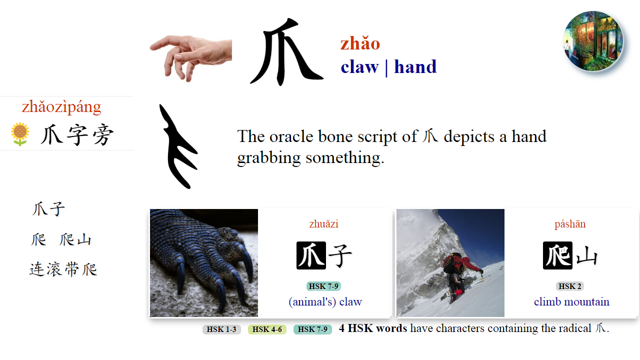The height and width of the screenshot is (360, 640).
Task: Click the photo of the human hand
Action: pyautogui.click(x=190, y=57)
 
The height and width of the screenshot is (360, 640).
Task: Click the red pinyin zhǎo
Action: pyautogui.click(x=360, y=43)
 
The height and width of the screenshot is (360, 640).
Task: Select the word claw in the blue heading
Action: pyautogui.click(x=359, y=66)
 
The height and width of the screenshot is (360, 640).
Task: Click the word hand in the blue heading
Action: pyautogui.click(x=415, y=66)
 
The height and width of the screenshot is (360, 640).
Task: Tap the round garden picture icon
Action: pyautogui.click(x=593, y=41)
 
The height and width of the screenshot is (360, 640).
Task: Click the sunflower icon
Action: pyautogui.click(x=20, y=134)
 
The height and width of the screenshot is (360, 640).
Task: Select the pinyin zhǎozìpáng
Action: pyautogui.click(x=61, y=106)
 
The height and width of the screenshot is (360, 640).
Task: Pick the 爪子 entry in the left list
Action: pyautogui.click(x=48, y=209)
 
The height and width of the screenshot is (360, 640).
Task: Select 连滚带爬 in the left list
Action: pyautogui.click(x=63, y=269)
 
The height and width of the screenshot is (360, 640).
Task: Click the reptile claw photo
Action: pyautogui.click(x=204, y=263)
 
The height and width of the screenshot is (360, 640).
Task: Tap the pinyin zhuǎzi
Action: pyautogui.click(x=323, y=224)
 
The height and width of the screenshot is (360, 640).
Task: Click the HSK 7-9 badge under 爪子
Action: pyautogui.click(x=323, y=286)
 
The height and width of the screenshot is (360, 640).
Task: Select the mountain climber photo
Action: pyautogui.click(x=450, y=263)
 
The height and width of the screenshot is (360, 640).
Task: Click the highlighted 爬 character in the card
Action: pyautogui.click(x=557, y=255)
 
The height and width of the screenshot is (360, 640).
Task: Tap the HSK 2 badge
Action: pyautogui.click(x=569, y=286)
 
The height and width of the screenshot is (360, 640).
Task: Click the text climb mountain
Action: pyautogui.click(x=571, y=302)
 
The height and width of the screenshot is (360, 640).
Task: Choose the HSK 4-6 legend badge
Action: pyautogui.click(x=267, y=329)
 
